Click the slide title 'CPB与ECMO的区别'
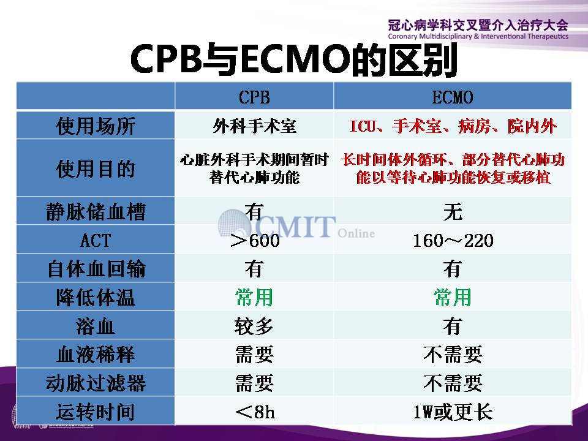293,59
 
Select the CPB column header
254,97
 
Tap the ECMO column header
452,97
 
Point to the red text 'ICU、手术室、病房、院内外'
453,126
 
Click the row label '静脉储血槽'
96,211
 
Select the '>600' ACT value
255,240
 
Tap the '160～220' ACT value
453,240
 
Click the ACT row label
96,240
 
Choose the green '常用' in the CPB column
254,298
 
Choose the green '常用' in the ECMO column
453,298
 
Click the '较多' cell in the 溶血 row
254,326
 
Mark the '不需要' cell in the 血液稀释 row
453,355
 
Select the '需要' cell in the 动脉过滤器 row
254,383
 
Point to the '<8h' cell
255,412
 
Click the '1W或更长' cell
453,412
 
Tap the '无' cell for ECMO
453,211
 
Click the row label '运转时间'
96,412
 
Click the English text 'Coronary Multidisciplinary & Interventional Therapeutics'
478,36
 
